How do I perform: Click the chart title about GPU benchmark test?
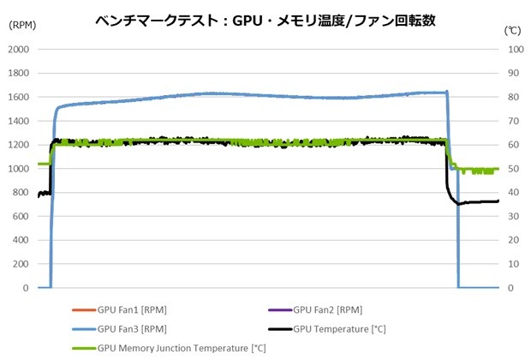click(265, 21)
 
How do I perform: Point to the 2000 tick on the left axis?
click(18, 49)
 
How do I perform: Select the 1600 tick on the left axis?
click(18, 97)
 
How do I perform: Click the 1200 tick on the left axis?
click(18, 145)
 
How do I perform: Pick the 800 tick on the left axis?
click(21, 193)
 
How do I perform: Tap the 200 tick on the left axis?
click(21, 265)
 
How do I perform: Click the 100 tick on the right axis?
click(516, 49)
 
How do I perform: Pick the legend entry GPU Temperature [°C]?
click(337, 328)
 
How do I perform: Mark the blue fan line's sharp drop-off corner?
click(448, 93)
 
